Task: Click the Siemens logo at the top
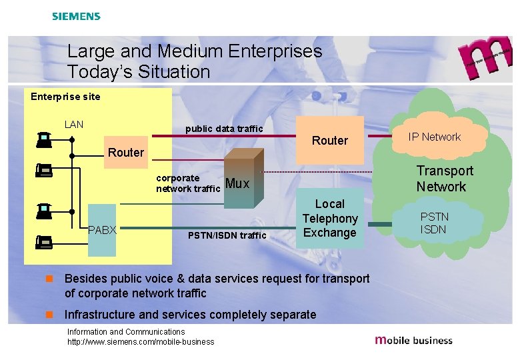(x=76, y=16)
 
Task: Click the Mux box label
(x=237, y=183)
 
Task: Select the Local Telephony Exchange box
(x=329, y=219)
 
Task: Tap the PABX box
(x=102, y=230)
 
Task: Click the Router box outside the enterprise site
(x=330, y=141)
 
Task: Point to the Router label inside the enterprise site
(x=125, y=153)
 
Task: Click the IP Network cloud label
(x=435, y=137)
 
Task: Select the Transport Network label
(x=445, y=179)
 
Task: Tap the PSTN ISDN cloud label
(x=434, y=223)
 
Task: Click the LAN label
(x=74, y=124)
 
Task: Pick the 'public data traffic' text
(x=224, y=128)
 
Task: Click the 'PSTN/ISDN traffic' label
(x=227, y=235)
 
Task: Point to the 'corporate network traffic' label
(x=188, y=183)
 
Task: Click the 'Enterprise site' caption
(x=65, y=97)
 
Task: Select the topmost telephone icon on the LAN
(x=44, y=139)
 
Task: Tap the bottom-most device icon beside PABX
(x=44, y=242)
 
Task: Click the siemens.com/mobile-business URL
(x=141, y=342)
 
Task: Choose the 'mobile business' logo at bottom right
(x=414, y=340)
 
